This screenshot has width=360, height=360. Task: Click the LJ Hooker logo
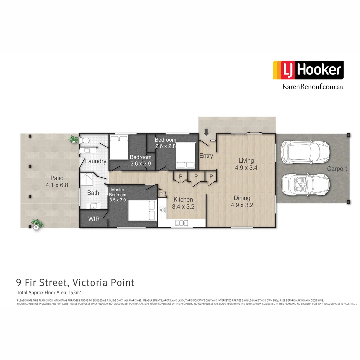click(308, 70)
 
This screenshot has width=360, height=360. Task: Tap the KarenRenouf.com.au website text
click(308, 87)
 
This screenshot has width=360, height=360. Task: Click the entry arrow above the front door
click(206, 132)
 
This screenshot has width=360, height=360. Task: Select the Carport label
click(337, 169)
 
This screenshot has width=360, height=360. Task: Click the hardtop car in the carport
click(305, 152)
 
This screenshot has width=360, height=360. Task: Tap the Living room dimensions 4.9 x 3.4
click(246, 168)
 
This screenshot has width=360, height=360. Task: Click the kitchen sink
click(182, 222)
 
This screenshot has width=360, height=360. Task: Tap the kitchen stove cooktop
click(162, 210)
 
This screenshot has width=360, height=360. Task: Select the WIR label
click(93, 219)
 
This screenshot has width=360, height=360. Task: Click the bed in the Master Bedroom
click(142, 210)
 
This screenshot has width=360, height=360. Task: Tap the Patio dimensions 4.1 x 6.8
click(57, 185)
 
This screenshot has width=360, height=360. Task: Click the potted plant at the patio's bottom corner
click(37, 224)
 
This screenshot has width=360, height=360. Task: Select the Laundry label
click(96, 161)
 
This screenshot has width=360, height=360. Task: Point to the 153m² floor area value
click(75, 293)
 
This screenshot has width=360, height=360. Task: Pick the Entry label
click(206, 156)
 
